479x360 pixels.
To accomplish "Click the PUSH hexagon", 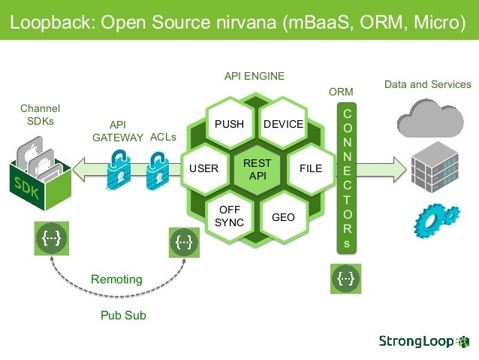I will click(229, 124).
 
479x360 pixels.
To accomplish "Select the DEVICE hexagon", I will click(283, 124).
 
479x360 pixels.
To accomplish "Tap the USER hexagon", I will click(203, 168).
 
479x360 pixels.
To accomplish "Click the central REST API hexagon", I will click(257, 169).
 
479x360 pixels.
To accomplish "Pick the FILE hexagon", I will click(310, 168).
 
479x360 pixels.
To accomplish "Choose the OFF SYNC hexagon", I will click(229, 216).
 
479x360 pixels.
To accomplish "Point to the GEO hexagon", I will click(283, 216).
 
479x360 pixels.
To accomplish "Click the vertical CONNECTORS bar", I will click(346, 178).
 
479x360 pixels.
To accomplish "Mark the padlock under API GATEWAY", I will click(119, 168).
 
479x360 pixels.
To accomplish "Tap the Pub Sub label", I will click(123, 316).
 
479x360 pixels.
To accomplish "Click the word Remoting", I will click(116, 280).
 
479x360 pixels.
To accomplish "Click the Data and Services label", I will click(427, 84).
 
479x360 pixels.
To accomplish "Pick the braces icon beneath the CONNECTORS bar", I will click(346, 279).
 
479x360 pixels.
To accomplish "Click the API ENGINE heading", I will click(255, 77).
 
